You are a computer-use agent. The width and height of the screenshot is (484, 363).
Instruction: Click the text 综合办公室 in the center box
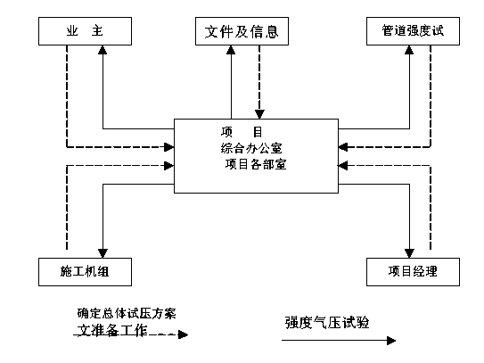(x=251, y=148)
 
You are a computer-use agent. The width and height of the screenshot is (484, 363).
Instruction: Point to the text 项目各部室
(x=256, y=164)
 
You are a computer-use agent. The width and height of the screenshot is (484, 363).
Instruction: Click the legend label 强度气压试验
(x=327, y=323)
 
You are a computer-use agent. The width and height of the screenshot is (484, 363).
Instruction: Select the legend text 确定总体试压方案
(x=127, y=314)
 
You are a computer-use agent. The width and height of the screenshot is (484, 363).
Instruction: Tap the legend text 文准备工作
(x=112, y=330)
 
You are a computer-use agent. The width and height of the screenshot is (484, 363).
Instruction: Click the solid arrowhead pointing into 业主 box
(x=103, y=50)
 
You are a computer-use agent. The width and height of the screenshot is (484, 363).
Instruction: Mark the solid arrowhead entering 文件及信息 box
(x=231, y=50)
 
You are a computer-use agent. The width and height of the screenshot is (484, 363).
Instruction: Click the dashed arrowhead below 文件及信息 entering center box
(x=259, y=114)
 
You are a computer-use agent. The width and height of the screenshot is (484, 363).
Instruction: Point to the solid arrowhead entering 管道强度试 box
(x=409, y=50)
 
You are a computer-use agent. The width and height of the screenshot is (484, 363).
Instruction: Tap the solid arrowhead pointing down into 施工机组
(x=103, y=253)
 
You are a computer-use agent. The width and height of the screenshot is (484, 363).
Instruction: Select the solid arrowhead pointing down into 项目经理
(x=409, y=253)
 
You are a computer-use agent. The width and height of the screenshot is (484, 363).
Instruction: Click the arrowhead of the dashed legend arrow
(x=184, y=334)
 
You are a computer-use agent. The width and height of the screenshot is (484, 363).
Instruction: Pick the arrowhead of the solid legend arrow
(x=391, y=341)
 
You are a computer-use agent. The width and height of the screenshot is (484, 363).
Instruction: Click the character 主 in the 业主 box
(x=97, y=31)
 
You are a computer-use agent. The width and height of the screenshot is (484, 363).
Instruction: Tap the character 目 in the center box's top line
(x=258, y=132)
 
